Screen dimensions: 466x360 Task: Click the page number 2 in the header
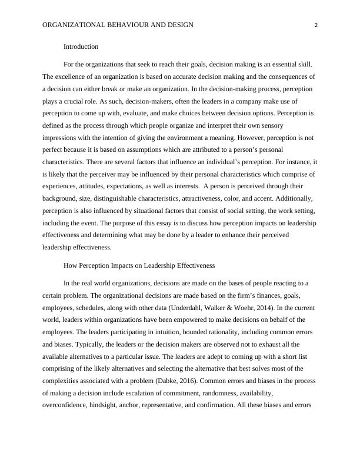(x=316, y=25)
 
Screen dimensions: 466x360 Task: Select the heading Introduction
(x=81, y=46)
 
